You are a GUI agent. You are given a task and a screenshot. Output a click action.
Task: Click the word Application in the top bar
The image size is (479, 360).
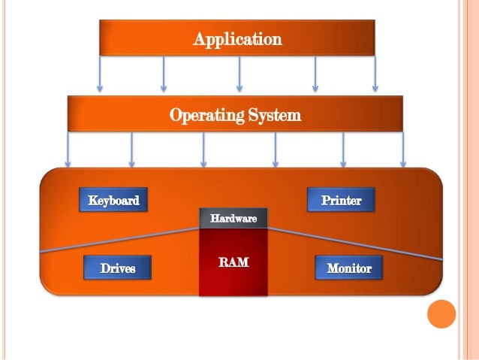pyautogui.click(x=237, y=38)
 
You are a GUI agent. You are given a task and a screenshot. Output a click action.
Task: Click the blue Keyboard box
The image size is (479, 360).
pyautogui.click(x=113, y=201)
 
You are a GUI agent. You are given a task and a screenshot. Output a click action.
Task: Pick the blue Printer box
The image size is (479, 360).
pyautogui.click(x=341, y=201)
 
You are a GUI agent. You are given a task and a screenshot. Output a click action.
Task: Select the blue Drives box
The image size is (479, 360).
pyautogui.click(x=118, y=268)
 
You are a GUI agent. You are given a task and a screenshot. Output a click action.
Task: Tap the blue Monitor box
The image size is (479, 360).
pyautogui.click(x=348, y=268)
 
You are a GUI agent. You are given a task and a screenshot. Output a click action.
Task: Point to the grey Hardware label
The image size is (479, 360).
pyautogui.click(x=233, y=219)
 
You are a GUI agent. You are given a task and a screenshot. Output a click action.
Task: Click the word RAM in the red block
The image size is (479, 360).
pyautogui.click(x=233, y=263)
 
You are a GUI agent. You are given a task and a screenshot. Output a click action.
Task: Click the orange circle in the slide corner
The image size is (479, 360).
pyautogui.click(x=441, y=313)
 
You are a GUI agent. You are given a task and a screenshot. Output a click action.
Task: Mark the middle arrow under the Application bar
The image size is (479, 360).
pyautogui.click(x=239, y=74)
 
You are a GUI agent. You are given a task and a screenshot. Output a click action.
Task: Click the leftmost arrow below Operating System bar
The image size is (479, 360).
pyautogui.click(x=68, y=150)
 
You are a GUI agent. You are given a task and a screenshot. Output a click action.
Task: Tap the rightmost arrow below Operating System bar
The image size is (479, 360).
pyautogui.click(x=402, y=150)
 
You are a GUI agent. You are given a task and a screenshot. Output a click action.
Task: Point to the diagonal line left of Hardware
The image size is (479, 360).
pyautogui.click(x=120, y=240)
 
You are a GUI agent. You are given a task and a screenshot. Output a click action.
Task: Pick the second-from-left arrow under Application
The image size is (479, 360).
pyautogui.click(x=164, y=74)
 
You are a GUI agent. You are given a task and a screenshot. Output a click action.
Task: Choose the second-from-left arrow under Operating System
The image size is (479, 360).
pyautogui.click(x=132, y=150)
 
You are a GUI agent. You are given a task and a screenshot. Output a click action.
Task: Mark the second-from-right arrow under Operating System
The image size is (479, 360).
pyautogui.click(x=343, y=150)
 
